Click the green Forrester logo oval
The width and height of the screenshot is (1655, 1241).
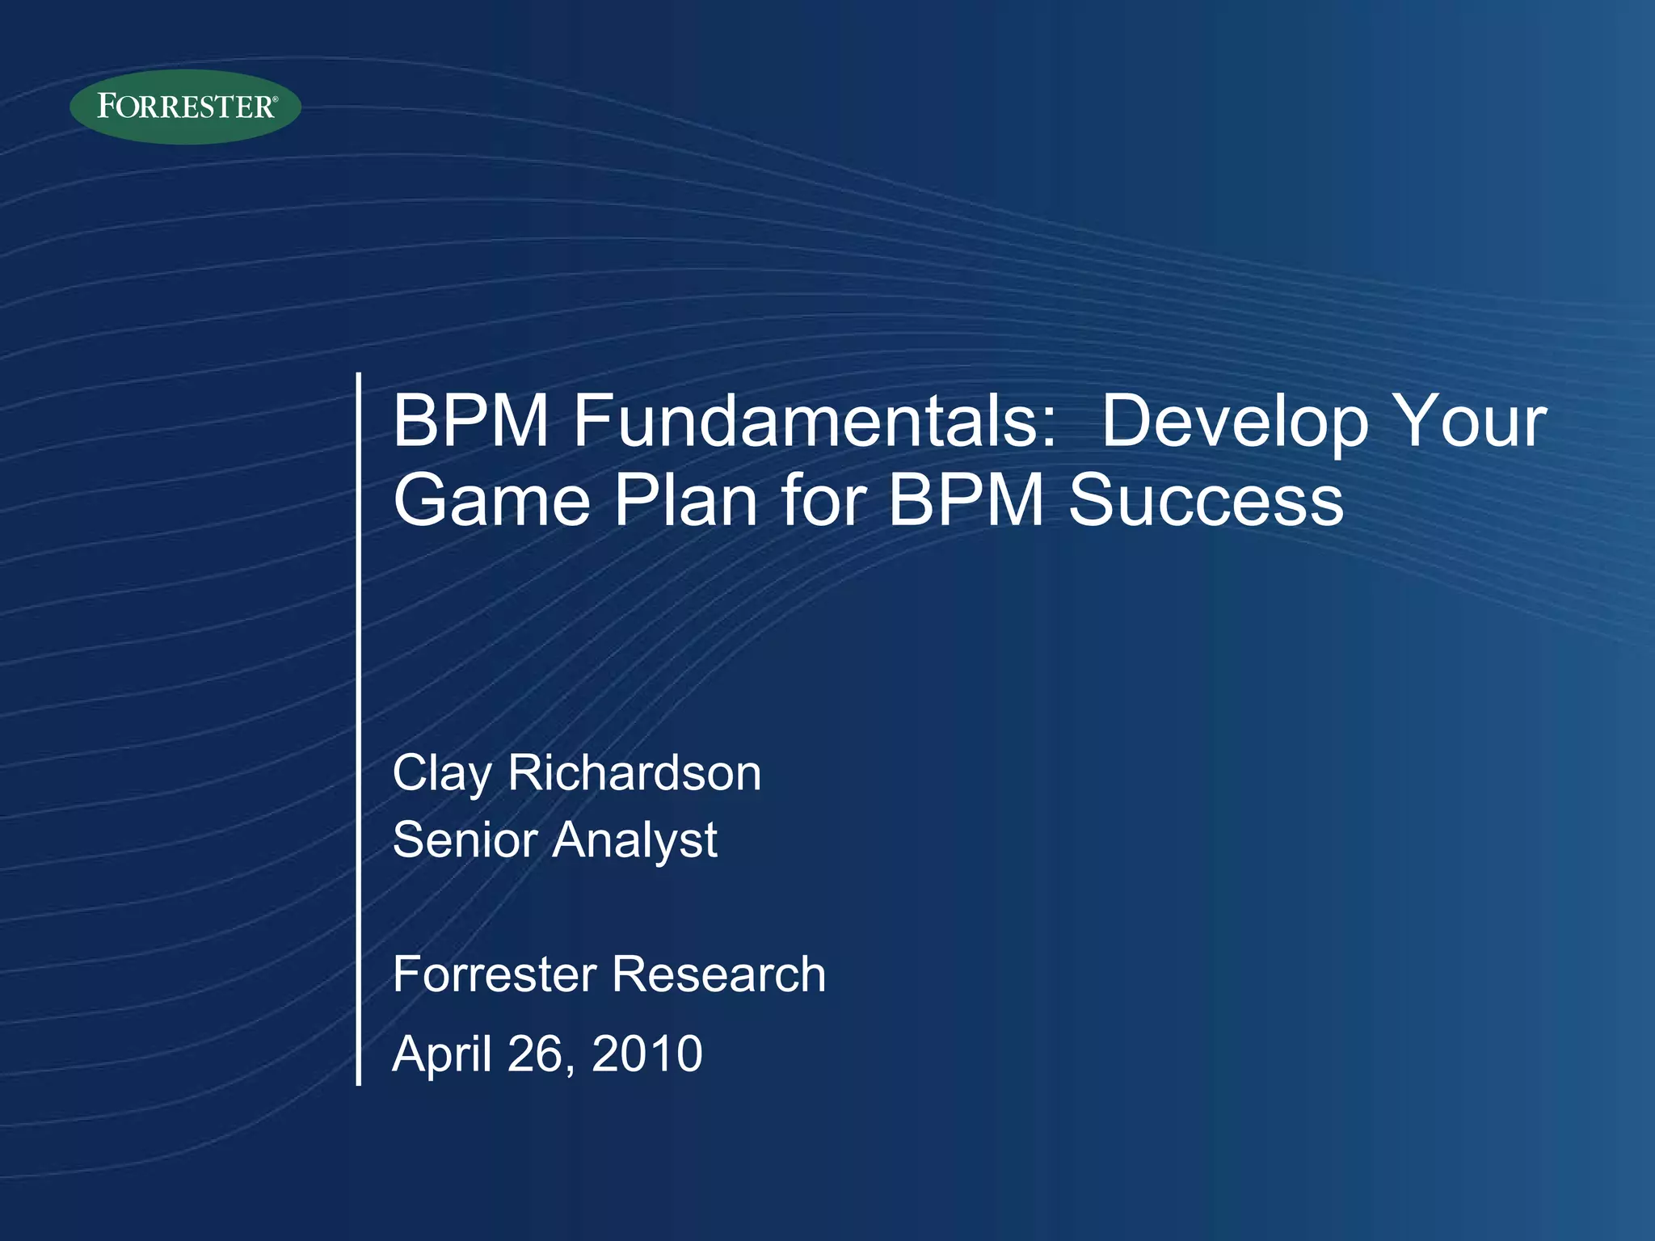[185, 107]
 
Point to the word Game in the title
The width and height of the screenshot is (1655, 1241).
[491, 500]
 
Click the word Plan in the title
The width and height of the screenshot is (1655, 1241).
[685, 500]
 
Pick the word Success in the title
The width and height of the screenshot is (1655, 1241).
[1206, 500]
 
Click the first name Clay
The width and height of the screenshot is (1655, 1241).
[441, 773]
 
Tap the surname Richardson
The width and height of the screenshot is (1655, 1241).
[634, 773]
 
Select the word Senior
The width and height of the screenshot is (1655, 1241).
[465, 839]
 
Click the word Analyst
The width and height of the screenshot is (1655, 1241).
[634, 839]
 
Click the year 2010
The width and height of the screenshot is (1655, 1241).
[646, 1054]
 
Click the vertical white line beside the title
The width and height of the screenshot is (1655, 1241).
[358, 727]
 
